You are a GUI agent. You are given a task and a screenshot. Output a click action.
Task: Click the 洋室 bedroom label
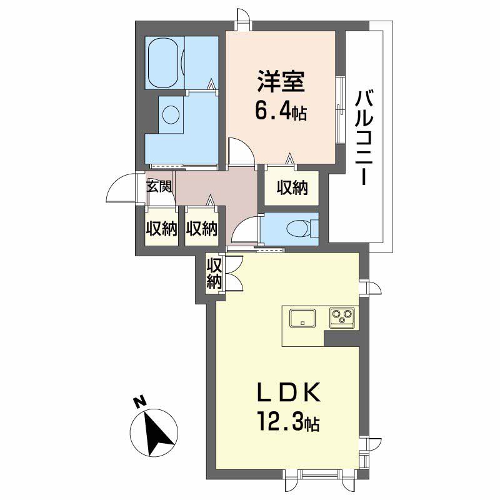[281, 82]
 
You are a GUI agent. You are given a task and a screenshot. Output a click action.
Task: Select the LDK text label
[289, 392]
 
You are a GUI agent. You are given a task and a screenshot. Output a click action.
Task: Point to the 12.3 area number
[281, 422]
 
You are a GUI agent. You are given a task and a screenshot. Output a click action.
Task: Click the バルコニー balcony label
[364, 138]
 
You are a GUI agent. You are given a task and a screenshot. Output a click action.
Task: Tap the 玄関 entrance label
[159, 186]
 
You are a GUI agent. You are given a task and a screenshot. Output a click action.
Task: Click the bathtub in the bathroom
[163, 63]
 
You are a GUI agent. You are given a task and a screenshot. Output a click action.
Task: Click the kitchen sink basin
[302, 318]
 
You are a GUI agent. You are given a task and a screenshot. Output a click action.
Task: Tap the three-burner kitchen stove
[342, 317]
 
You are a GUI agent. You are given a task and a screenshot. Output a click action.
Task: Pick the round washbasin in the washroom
[171, 114]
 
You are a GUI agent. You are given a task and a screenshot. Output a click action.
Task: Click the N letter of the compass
[139, 402]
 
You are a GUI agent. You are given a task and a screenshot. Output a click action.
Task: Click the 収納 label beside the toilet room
[292, 188]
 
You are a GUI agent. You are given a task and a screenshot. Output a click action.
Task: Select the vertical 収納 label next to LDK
[214, 273]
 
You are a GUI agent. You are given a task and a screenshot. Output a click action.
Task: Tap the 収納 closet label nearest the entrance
[162, 229]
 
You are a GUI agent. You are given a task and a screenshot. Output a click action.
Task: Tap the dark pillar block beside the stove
[341, 338]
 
